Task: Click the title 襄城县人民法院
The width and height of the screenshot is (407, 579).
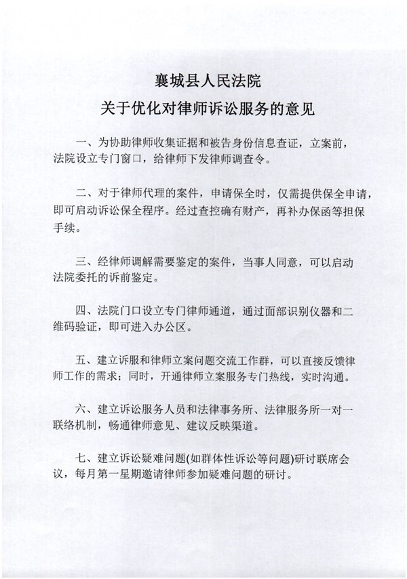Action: (x=203, y=81)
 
